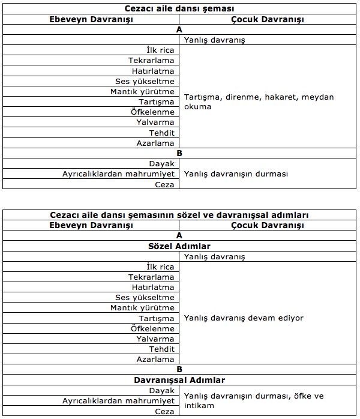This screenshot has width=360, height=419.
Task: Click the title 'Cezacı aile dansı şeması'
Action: coord(179,8)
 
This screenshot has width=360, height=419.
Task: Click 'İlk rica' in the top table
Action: coord(160,50)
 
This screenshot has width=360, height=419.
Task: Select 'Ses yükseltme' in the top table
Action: coord(145,82)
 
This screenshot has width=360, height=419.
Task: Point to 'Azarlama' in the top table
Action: coord(155,143)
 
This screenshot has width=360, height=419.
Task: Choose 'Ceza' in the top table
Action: coord(164,184)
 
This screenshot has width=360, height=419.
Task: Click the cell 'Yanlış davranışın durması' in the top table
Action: coord(236,174)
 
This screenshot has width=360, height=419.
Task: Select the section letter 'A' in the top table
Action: coord(179,29)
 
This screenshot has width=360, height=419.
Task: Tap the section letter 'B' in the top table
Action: coord(179,153)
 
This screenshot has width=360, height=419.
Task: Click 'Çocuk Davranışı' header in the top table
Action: coord(267,19)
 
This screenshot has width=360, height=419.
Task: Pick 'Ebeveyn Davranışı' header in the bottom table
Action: coord(91,226)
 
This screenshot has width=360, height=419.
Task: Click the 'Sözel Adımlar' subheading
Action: coord(179,246)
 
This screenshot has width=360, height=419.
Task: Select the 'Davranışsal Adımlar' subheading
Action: coord(179,380)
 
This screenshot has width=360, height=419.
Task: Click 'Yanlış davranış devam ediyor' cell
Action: coord(244,318)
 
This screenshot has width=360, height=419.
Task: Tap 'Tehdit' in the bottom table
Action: coord(161,349)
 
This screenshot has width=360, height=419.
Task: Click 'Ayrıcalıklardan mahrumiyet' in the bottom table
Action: coord(118,400)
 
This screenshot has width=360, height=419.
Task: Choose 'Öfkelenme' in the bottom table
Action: coord(152,329)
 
